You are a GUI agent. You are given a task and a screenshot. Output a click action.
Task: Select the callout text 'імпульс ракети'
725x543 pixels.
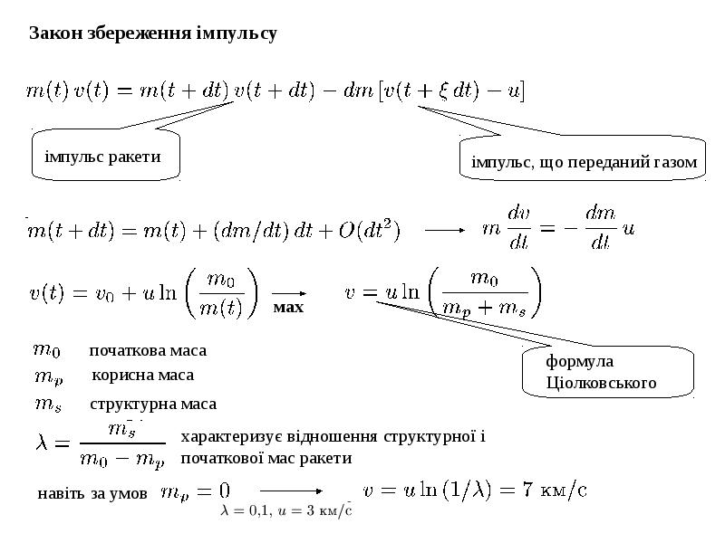(x=102, y=157)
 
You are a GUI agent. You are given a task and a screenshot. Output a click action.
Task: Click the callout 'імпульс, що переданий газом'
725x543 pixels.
(x=584, y=163)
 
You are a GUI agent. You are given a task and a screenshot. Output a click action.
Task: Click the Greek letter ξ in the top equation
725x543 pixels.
(x=443, y=90)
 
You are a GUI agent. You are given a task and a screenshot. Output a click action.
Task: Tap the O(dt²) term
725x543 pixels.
(x=370, y=230)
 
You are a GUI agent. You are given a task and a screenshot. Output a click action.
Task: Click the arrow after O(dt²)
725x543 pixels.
(x=445, y=230)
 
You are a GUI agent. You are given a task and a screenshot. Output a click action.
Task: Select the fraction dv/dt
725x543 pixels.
(x=518, y=228)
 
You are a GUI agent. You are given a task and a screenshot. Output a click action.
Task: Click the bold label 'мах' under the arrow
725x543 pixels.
(x=288, y=307)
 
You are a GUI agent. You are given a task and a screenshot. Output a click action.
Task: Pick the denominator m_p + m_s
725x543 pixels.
(x=484, y=308)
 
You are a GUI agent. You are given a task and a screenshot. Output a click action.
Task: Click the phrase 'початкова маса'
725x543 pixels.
(x=148, y=350)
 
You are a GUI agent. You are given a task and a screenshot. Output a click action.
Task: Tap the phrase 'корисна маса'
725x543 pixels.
(x=143, y=375)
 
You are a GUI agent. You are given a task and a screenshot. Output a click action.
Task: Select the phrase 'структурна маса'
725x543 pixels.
(x=153, y=404)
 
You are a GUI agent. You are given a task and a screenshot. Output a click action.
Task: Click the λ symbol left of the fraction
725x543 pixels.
(x=41, y=443)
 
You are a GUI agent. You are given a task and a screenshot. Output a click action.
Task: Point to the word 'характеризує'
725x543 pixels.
(x=232, y=437)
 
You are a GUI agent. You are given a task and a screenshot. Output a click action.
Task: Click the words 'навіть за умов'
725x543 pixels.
(x=92, y=493)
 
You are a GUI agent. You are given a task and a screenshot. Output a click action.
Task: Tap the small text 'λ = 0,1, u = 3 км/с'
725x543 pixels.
(x=286, y=510)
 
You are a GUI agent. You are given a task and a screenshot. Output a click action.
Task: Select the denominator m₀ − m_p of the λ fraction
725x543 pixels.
(x=122, y=460)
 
